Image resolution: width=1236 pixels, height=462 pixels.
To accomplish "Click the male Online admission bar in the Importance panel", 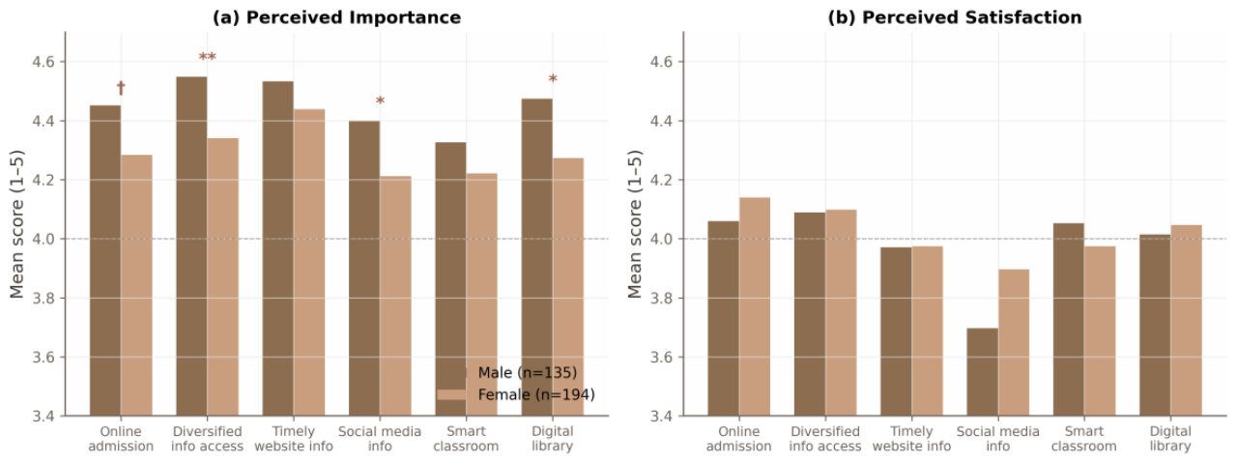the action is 105,261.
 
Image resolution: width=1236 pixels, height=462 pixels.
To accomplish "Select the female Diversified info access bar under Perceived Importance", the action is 223,277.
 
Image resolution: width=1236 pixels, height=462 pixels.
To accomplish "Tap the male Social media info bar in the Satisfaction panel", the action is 982,372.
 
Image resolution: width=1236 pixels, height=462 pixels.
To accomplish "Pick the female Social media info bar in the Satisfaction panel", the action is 1014,342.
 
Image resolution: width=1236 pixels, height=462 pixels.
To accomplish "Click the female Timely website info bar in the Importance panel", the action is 309,262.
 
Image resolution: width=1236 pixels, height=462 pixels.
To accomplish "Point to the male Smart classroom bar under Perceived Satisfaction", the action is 1068,320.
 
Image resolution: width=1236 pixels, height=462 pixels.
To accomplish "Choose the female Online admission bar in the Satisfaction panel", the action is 755,306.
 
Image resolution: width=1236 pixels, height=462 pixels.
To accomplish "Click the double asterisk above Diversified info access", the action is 208,57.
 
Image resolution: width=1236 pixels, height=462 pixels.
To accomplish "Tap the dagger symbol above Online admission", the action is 121,87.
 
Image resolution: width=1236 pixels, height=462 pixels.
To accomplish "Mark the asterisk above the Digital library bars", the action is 553,79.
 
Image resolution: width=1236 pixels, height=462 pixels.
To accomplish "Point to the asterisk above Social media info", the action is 380,101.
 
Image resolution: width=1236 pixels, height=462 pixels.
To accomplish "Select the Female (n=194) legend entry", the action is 516,394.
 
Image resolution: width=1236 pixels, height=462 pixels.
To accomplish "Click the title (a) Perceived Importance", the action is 336,17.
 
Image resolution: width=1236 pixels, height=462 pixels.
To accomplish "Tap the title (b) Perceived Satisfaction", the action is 955,17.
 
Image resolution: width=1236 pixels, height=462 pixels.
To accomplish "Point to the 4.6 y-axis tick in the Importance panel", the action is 43,62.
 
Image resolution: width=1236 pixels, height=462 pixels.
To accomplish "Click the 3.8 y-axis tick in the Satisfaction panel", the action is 662,298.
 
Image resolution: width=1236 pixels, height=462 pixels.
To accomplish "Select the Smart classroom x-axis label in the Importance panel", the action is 466,439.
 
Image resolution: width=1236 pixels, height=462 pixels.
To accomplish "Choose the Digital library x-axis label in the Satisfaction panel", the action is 1170,439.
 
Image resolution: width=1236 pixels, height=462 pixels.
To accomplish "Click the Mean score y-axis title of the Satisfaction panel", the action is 635,223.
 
